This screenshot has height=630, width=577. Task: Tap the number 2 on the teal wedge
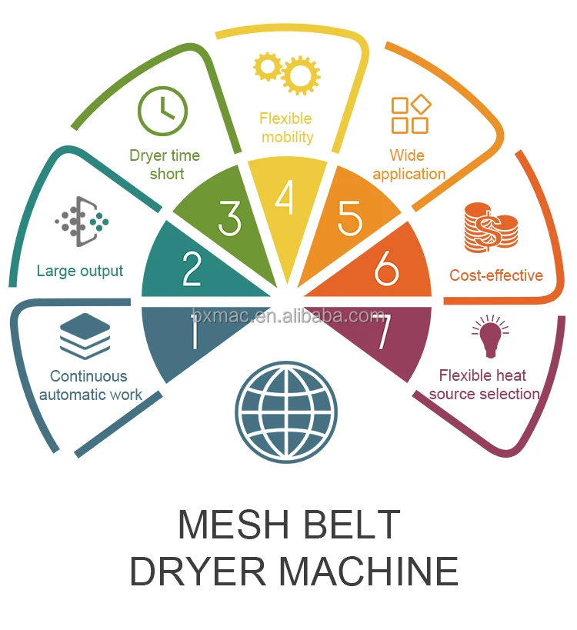(x=192, y=268)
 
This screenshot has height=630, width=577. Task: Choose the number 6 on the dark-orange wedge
(x=386, y=268)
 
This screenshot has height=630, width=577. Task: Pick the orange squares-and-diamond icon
(x=410, y=115)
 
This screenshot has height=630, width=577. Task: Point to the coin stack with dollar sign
(x=491, y=228)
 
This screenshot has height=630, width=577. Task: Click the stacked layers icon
(x=85, y=336)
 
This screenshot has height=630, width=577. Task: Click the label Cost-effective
(x=496, y=275)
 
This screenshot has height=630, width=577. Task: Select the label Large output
(x=80, y=271)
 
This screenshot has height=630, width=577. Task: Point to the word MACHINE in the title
(x=369, y=572)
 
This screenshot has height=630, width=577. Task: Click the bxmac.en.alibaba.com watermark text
(x=288, y=315)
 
